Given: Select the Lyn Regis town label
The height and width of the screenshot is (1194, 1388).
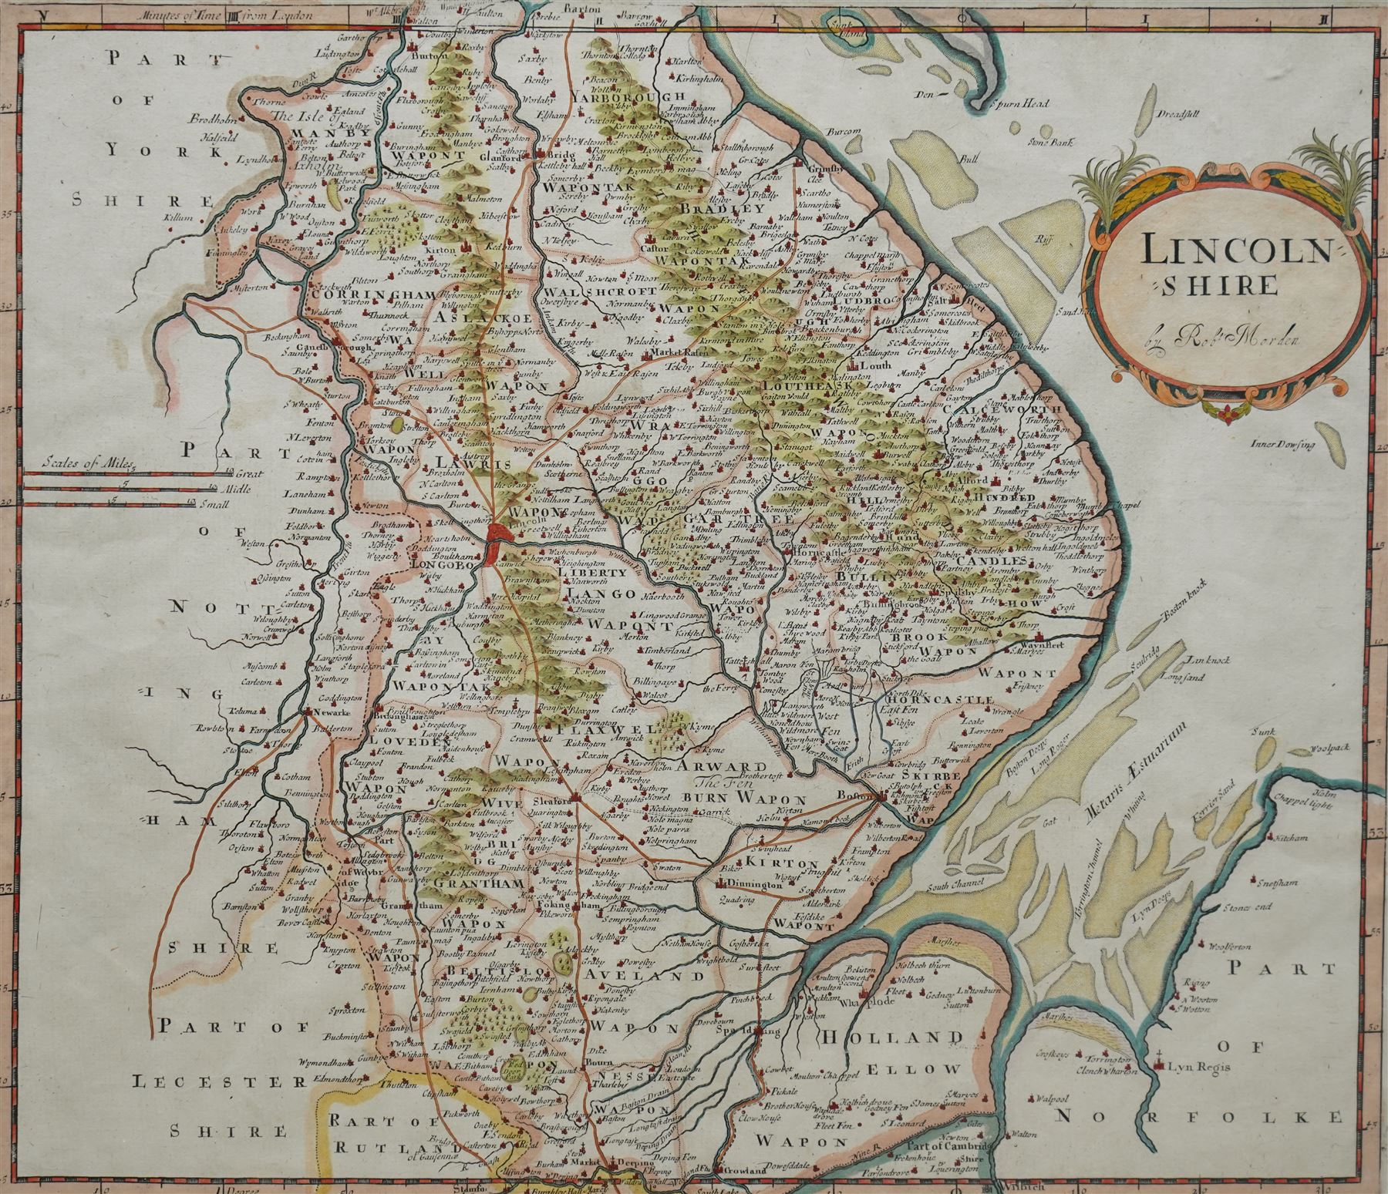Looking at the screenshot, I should click(1194, 1068).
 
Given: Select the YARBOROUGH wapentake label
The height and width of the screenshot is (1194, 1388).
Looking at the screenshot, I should click(640, 96).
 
